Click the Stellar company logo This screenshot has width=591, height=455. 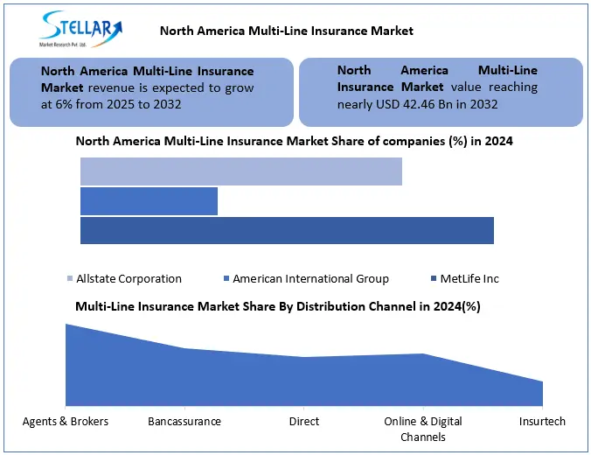pos(78,30)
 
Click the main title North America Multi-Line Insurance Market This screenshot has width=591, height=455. pos(286,31)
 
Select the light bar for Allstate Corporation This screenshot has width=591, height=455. pos(240,171)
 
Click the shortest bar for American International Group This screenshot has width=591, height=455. pos(149,201)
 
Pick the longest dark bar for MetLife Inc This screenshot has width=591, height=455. pos(287,231)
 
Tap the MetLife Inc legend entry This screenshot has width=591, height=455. pos(468,278)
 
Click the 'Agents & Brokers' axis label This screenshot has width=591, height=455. pos(65,421)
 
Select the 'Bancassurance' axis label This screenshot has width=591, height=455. pos(184,421)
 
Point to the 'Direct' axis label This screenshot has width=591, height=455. pos(303,421)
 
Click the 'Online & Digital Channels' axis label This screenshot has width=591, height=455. pos(423,429)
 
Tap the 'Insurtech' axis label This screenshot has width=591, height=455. pos(543,421)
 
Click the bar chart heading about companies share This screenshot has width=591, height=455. pos(294,140)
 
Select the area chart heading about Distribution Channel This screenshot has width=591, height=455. pos(278,306)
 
